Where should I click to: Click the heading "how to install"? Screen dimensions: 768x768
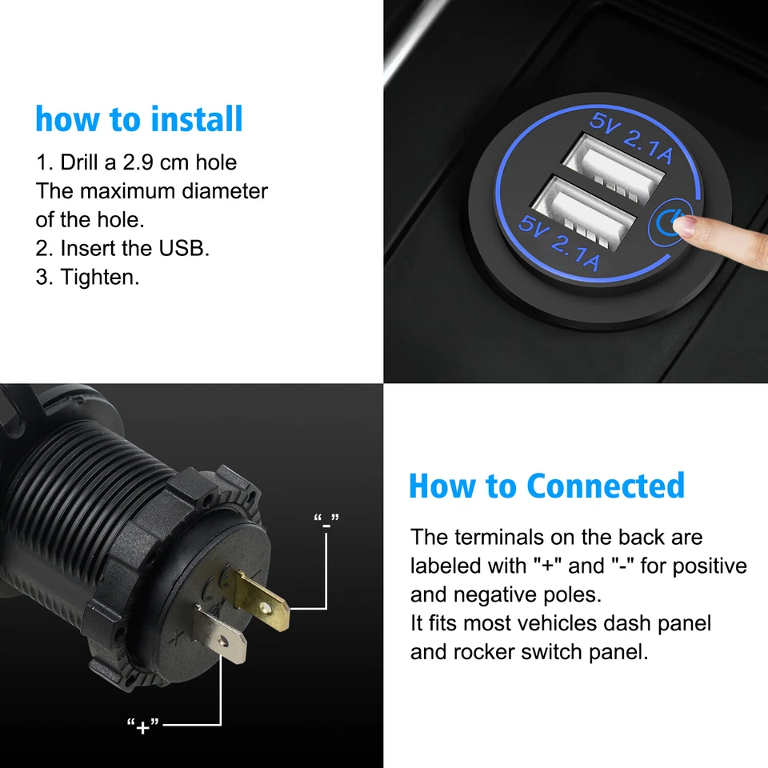(x=138, y=119)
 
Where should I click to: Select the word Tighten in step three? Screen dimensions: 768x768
(x=99, y=277)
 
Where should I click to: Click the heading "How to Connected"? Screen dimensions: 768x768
(x=546, y=486)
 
